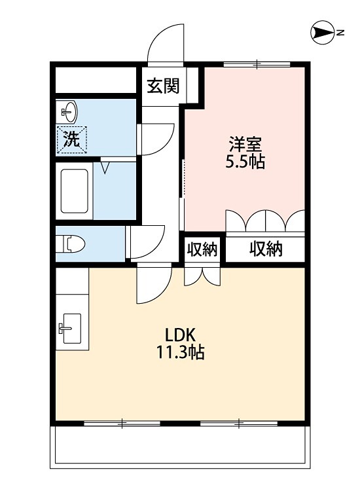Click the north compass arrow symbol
[322, 31]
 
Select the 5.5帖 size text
[245, 162]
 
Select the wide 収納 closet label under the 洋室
[265, 249]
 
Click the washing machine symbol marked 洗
[71, 139]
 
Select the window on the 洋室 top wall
[257, 64]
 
